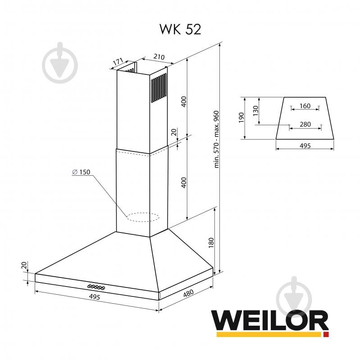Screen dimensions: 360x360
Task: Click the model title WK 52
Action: [x=180, y=28]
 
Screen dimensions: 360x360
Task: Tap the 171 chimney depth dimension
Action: [x=118, y=62]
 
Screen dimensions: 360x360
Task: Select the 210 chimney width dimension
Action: [x=159, y=57]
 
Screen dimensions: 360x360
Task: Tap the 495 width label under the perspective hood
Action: [x=94, y=296]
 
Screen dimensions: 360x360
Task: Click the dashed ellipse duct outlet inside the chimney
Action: [x=143, y=218]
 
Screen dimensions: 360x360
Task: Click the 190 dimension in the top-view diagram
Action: [x=241, y=118]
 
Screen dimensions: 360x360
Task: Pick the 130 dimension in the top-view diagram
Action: [x=255, y=111]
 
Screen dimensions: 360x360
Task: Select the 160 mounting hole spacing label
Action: [x=305, y=106]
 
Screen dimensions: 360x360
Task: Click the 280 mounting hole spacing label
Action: [x=305, y=124]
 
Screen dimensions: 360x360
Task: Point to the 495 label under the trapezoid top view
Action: [x=305, y=146]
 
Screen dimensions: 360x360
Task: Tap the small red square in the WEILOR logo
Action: [x=326, y=335]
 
